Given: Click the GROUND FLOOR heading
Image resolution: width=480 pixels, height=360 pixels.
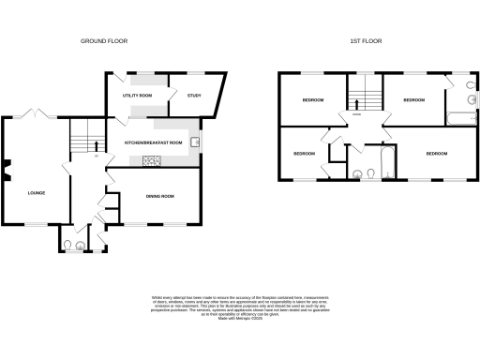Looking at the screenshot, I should click(104, 41).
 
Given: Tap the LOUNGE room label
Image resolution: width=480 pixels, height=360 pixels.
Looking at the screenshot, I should click(37, 193).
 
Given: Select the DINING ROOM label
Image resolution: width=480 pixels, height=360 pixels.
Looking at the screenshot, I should click(159, 196).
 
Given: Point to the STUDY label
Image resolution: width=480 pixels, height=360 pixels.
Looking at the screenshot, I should click(194, 96).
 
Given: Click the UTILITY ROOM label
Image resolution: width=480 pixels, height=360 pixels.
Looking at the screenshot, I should click(138, 96).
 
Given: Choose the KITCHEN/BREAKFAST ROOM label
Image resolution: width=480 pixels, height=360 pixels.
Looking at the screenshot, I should click(153, 142).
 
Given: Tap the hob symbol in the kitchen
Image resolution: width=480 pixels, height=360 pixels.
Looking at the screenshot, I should click(152, 160).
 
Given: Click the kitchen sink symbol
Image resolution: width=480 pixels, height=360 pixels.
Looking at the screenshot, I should click(195, 143).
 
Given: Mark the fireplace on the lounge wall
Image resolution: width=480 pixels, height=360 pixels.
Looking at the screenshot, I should click(6, 171).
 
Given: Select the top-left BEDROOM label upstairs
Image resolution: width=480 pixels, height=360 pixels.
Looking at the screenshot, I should click(312, 100).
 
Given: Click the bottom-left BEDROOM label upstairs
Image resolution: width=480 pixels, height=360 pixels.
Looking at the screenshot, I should click(304, 153).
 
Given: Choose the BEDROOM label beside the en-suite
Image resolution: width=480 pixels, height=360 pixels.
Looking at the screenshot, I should click(413, 99).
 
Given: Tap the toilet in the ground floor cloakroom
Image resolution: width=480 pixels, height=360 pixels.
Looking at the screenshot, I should click(67, 246).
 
